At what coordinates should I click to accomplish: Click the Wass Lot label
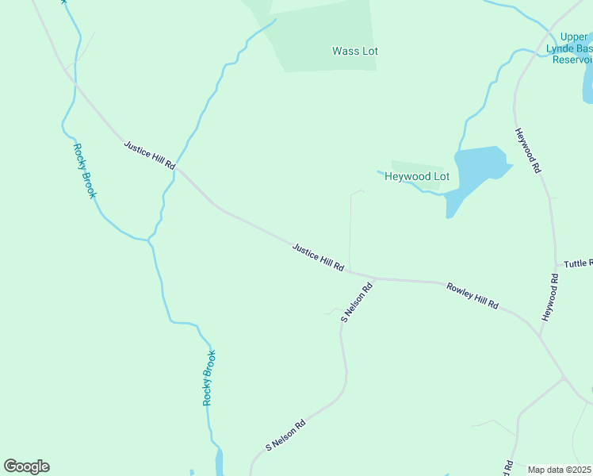coord(354,52)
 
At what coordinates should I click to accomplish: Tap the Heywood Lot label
coord(416,177)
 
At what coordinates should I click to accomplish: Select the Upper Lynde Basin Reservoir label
coord(572,48)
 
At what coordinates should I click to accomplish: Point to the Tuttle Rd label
coord(577,263)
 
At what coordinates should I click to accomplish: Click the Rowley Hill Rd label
coord(472,295)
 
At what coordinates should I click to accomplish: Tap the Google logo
coord(26,466)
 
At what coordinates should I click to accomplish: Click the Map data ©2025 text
coord(560,470)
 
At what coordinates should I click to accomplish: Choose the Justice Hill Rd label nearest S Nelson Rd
coord(318,258)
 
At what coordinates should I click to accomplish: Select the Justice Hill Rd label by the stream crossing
coord(149,154)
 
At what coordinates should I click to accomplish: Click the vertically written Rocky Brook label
coord(209,378)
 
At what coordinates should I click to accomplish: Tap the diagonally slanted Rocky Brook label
coord(84,170)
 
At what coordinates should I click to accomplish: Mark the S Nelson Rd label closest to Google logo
coord(285,435)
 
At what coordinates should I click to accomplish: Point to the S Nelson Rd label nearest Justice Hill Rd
coord(356,303)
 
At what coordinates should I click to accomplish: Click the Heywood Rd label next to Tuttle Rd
coord(551,297)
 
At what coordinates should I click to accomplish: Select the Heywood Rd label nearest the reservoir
coord(527,151)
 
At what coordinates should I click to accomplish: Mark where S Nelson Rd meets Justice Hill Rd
coord(374,278)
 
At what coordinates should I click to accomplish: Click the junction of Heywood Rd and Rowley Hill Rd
coord(540,337)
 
